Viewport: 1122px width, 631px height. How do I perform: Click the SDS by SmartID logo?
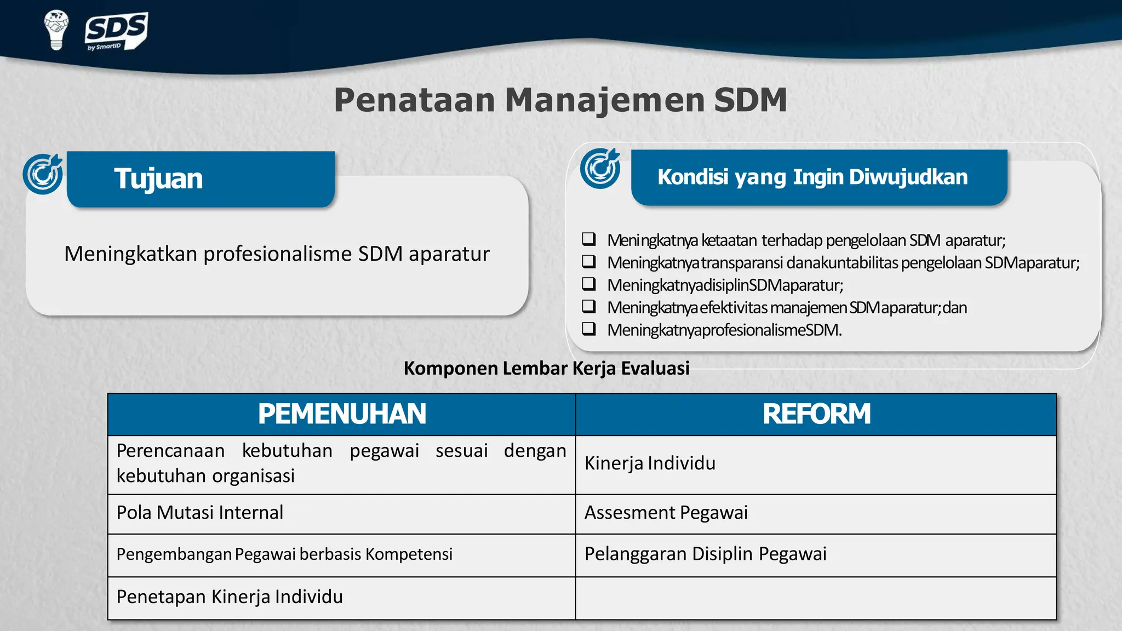(x=116, y=31)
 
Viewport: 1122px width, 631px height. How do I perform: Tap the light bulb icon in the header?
(x=56, y=30)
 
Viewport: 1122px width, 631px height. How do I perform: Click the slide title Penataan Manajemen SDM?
(x=560, y=100)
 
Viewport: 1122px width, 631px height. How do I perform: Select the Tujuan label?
(x=158, y=179)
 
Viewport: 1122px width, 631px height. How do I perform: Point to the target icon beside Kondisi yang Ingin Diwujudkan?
(x=600, y=169)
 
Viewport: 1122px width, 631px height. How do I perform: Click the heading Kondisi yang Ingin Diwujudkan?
(x=812, y=177)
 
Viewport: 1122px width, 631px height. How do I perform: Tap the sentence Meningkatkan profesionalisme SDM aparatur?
(x=277, y=254)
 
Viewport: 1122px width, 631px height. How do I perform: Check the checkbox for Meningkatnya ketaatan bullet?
(x=589, y=239)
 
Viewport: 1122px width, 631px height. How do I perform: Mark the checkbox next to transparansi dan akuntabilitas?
(x=589, y=262)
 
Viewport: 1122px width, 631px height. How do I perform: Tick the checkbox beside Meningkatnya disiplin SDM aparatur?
(x=589, y=284)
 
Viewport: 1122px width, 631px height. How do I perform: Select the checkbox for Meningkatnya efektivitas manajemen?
(x=589, y=307)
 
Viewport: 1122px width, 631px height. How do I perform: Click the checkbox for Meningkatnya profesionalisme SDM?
(x=589, y=329)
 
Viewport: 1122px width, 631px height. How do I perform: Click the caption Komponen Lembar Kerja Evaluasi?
(x=546, y=368)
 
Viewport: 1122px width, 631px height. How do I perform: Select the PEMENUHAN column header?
(x=342, y=414)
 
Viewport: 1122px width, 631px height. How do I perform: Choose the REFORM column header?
(x=816, y=414)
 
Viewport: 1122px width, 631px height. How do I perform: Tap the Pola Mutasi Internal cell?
(x=200, y=513)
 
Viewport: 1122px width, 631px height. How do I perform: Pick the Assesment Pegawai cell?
(x=666, y=513)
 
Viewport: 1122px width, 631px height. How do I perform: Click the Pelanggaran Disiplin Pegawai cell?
(x=705, y=554)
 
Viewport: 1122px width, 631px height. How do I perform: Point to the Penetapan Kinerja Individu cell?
(x=230, y=597)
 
